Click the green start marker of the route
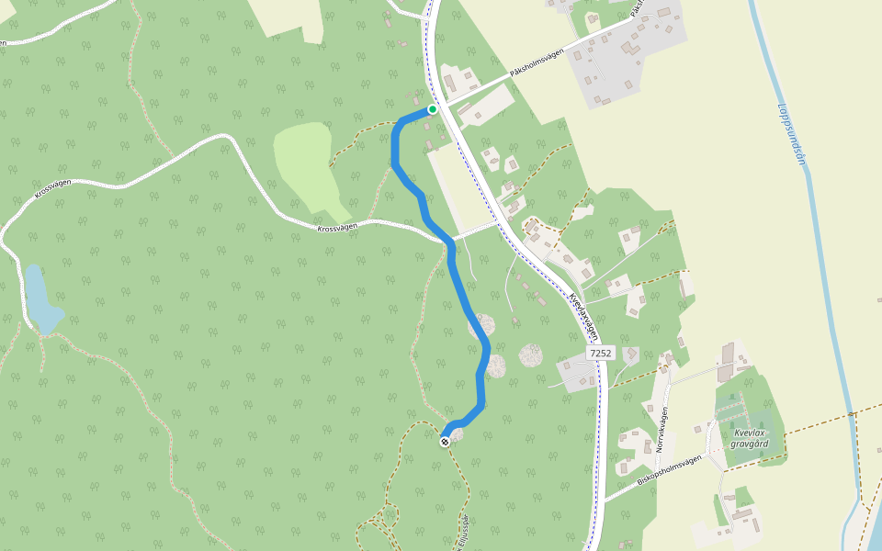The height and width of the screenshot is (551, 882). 433,109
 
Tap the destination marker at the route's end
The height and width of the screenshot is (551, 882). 446,442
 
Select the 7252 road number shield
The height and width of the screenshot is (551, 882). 600,353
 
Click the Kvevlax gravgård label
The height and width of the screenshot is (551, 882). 750,438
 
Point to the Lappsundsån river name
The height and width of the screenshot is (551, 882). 791,133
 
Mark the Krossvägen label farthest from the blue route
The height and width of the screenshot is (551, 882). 53,189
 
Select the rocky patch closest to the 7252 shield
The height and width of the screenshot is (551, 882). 532,354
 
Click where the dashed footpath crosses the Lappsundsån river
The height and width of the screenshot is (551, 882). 852,415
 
